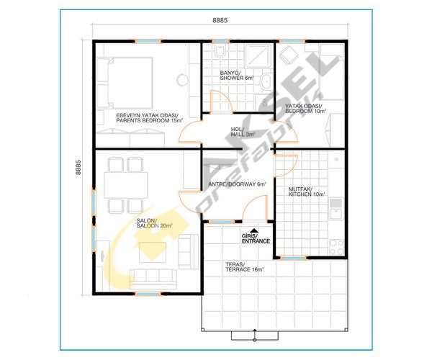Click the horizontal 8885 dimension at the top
(220, 20)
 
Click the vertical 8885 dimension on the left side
(78, 168)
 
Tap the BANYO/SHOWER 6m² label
(236, 76)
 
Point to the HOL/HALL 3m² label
(243, 132)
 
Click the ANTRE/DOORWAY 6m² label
(237, 184)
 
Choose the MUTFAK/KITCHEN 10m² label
(307, 192)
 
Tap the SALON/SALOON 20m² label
(154, 223)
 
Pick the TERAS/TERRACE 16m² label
(244, 267)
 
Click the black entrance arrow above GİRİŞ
(254, 230)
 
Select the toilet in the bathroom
(220, 51)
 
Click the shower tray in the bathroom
(258, 55)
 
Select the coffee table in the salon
(153, 252)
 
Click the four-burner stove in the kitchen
(337, 247)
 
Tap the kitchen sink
(336, 209)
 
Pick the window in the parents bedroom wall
(148, 41)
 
